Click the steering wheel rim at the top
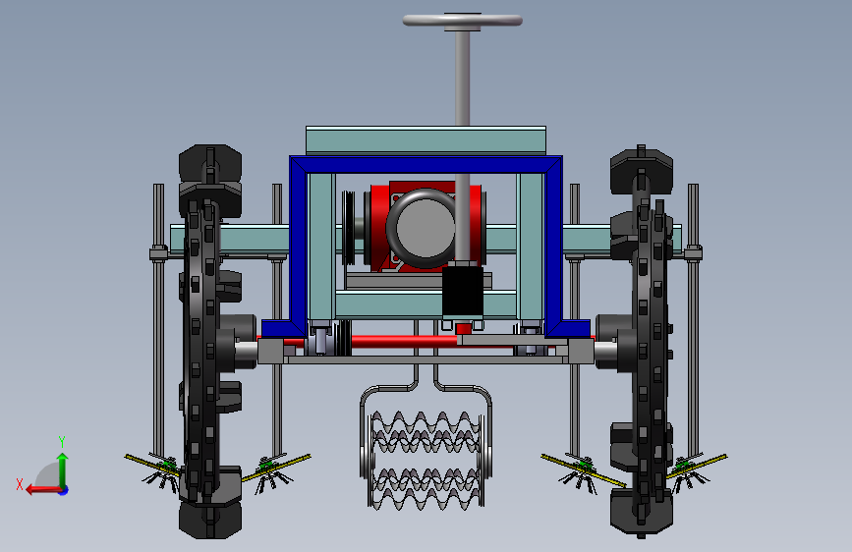click(463, 21)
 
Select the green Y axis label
click(62, 441)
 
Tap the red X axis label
click(20, 484)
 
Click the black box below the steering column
click(463, 291)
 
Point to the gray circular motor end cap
click(425, 227)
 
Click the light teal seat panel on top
click(426, 140)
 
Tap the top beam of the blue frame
click(426, 164)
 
